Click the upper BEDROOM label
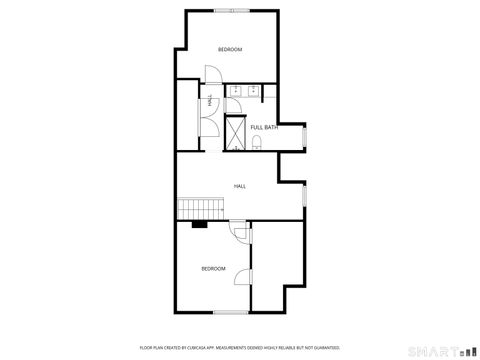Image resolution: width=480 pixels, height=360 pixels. coord(230,50)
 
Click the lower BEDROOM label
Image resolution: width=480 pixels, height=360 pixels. coord(213,268)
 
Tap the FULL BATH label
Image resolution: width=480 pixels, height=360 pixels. coord(264,127)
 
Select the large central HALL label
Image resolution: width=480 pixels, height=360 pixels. coord(240,186)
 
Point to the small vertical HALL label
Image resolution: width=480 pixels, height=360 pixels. coord(209,100)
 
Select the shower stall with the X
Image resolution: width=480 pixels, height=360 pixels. coord(235,133)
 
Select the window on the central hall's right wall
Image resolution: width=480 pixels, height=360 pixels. coord(304,197)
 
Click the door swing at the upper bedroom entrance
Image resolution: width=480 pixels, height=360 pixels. coord(212,75)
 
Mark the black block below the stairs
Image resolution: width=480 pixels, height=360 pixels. coord(199,224)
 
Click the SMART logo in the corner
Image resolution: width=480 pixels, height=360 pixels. coord(440,349)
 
